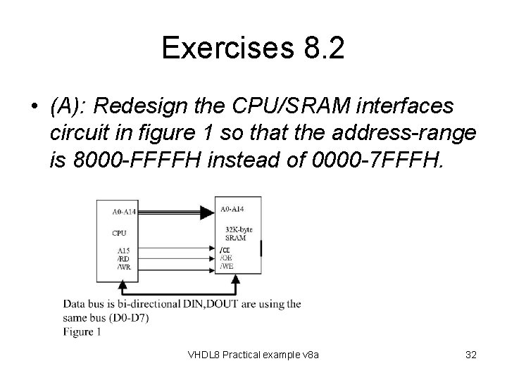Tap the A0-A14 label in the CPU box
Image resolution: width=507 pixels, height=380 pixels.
pos(126,210)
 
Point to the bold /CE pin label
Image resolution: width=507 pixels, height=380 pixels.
pos(225,250)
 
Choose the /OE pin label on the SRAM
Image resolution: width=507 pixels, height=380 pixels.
pos(226,258)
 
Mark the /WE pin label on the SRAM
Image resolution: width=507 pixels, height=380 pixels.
pos(227,266)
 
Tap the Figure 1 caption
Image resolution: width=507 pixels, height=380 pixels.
pos(82,331)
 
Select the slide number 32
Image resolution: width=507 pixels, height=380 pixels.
pos(471,355)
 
